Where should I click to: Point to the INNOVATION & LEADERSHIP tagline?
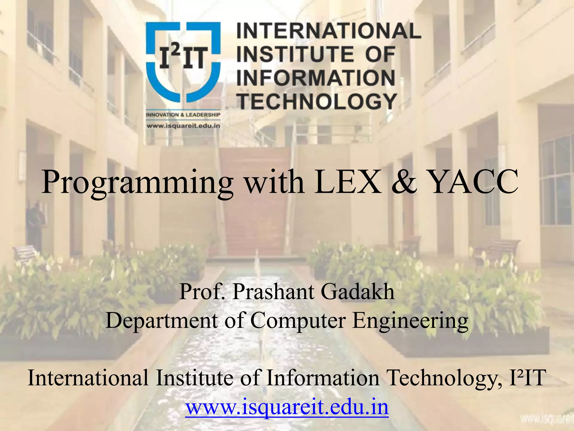183,115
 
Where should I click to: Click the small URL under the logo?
183,126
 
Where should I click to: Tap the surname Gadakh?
357,292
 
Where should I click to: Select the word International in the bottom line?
88,378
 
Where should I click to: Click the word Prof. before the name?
202,292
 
